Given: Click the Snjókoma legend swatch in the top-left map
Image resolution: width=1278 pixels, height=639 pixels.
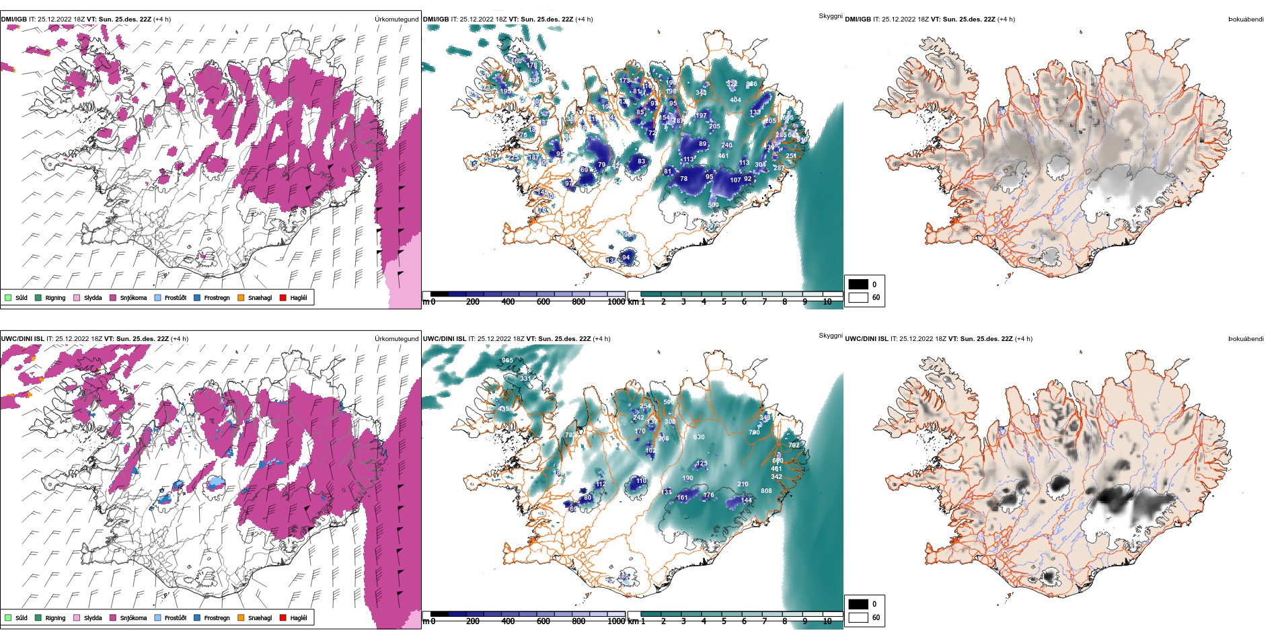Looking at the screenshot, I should pyautogui.click(x=113, y=297).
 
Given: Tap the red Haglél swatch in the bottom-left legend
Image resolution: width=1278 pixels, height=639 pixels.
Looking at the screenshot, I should pyautogui.click(x=283, y=617).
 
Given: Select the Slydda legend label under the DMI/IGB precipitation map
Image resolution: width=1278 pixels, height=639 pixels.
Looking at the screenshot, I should pyautogui.click(x=93, y=298).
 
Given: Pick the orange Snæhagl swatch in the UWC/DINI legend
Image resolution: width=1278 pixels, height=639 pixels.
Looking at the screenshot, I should pyautogui.click(x=241, y=617).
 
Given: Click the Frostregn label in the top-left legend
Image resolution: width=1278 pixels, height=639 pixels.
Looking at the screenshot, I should pyautogui.click(x=217, y=298).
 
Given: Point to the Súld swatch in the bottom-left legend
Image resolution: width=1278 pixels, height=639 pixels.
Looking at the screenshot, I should pyautogui.click(x=8, y=617).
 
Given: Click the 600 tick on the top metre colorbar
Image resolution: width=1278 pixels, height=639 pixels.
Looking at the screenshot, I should pyautogui.click(x=543, y=302).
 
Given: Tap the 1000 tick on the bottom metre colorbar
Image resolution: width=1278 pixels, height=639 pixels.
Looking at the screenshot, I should pyautogui.click(x=616, y=622).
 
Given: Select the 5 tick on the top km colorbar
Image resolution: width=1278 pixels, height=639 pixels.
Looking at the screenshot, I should pyautogui.click(x=724, y=302).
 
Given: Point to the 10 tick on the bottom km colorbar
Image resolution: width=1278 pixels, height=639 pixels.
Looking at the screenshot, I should pyautogui.click(x=827, y=622).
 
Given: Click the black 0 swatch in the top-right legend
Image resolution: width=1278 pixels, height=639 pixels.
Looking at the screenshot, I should pyautogui.click(x=858, y=285).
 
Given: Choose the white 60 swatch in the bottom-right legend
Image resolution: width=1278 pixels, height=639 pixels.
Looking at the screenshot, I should pyautogui.click(x=858, y=617).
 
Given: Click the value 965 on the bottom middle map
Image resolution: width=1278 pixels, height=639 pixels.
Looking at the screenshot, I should pyautogui.click(x=507, y=361).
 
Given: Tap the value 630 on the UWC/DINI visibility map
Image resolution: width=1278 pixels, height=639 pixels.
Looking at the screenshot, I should pyautogui.click(x=700, y=437).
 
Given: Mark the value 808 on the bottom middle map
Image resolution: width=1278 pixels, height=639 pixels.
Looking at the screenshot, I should pyautogui.click(x=766, y=491).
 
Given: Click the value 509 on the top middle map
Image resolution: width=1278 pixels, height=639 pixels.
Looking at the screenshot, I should pyautogui.click(x=713, y=205).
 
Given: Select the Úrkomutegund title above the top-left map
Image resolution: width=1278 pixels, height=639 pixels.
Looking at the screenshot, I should pyautogui.click(x=396, y=20).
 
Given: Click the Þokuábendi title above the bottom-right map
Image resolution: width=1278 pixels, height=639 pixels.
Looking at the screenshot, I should pyautogui.click(x=1246, y=339).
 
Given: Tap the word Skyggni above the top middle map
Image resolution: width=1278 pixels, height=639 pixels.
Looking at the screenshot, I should pyautogui.click(x=830, y=16).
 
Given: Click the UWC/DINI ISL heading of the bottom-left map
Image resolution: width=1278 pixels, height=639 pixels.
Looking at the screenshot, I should pyautogui.click(x=22, y=339).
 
